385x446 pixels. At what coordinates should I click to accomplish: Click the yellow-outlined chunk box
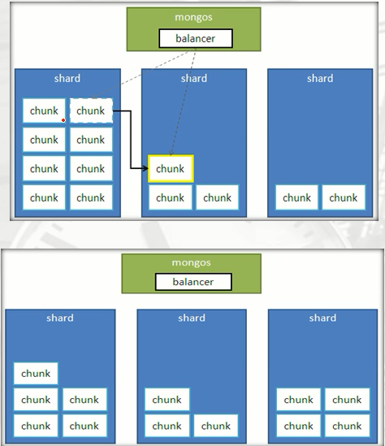pos(171,168)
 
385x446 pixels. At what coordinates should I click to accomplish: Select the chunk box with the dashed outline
pos(91,110)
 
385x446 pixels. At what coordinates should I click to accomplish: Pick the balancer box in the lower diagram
pos(193,282)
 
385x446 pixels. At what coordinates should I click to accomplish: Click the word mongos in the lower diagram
pos(192,263)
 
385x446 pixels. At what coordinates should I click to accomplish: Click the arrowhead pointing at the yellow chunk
pos(145,168)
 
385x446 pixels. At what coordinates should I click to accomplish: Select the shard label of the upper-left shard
pos(67,79)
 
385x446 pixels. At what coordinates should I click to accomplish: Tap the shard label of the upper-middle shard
pos(193,79)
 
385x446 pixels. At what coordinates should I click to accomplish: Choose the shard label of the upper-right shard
pos(320,79)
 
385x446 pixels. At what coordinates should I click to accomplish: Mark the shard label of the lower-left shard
pos(60,318)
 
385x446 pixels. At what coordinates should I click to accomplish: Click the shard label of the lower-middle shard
pos(192,318)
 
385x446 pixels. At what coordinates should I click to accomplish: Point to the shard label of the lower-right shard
pos(322,318)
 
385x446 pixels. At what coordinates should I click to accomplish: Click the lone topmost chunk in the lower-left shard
pos(36,374)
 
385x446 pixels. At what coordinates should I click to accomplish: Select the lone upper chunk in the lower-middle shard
pos(167,400)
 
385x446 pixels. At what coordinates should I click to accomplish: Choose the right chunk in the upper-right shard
pos(343,197)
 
